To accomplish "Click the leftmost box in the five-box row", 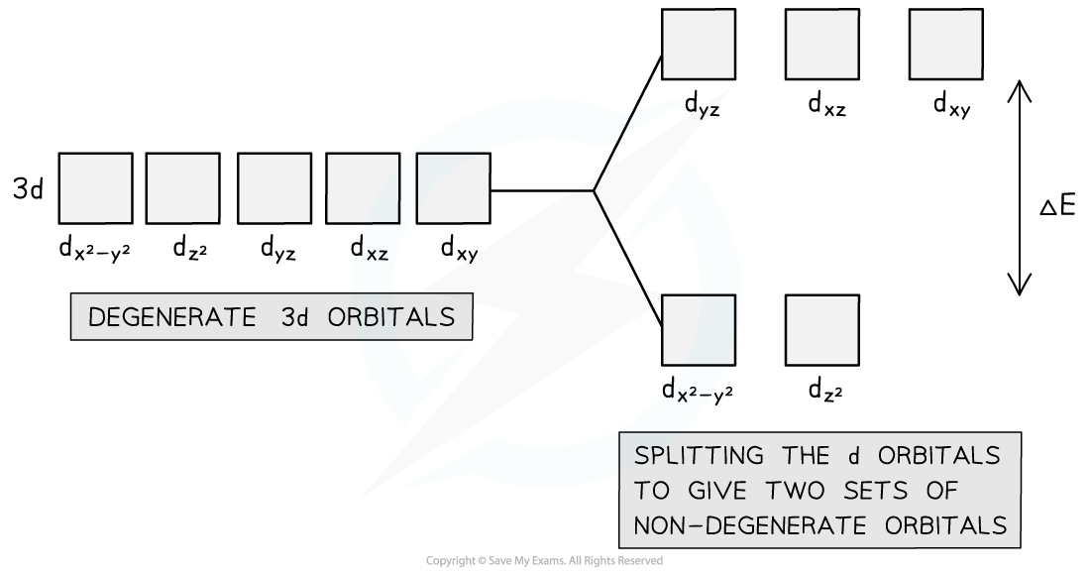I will click(95, 188).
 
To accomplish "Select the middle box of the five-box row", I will click(273, 188).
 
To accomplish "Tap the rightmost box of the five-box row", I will click(453, 188).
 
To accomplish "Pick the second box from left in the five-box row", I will click(182, 188).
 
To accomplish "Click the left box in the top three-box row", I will click(699, 45).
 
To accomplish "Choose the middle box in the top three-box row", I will click(822, 45).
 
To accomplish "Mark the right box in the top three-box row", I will click(946, 45).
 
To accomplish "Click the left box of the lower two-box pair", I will click(699, 330).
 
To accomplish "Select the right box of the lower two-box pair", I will click(822, 330).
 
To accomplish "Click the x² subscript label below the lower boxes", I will click(691, 395).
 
